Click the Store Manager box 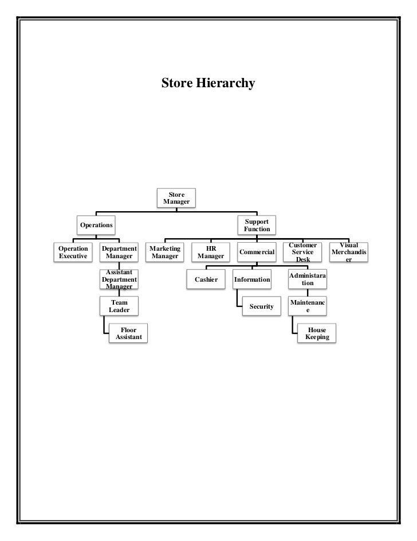click(176, 198)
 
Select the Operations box click(96, 225)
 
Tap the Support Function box click(257, 225)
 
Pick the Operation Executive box click(73, 252)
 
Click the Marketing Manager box click(164, 252)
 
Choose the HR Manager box click(210, 252)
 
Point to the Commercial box click(257, 252)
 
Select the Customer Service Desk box click(302, 252)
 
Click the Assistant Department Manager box click(119, 279)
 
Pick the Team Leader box click(119, 306)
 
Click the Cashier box click(206, 279)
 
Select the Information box click(252, 279)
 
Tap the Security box click(261, 306)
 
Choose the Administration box click(308, 279)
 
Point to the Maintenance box click(308, 306)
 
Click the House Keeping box click(317, 333)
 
